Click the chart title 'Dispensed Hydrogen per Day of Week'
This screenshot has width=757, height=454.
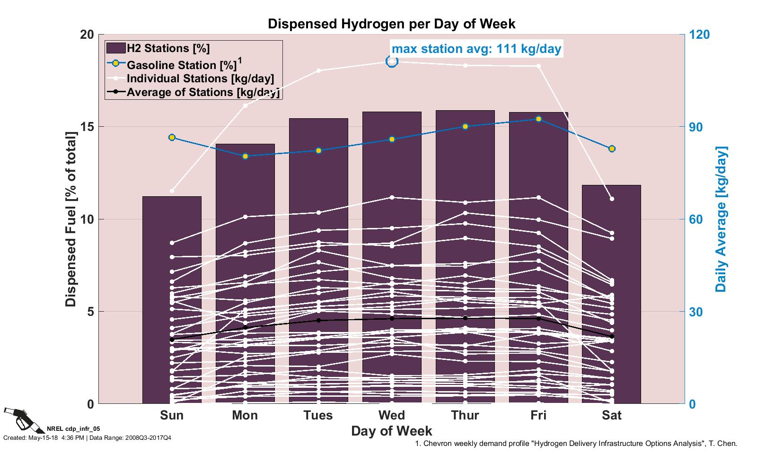click(x=392, y=24)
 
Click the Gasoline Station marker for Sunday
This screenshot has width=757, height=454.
click(x=172, y=137)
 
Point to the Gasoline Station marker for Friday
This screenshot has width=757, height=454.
click(x=538, y=119)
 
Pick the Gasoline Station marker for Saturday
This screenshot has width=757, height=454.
click(x=612, y=148)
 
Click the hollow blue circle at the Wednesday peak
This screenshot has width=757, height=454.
click(x=392, y=61)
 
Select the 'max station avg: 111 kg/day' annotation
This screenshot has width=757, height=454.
click(x=476, y=48)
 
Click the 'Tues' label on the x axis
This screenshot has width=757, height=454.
click(x=318, y=415)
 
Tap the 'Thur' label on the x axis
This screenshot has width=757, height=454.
click(x=465, y=415)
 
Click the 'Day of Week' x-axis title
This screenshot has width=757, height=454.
click(x=392, y=431)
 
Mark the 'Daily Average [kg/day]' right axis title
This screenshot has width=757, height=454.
click(x=721, y=219)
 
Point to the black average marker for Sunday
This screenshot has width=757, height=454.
click(x=172, y=340)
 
